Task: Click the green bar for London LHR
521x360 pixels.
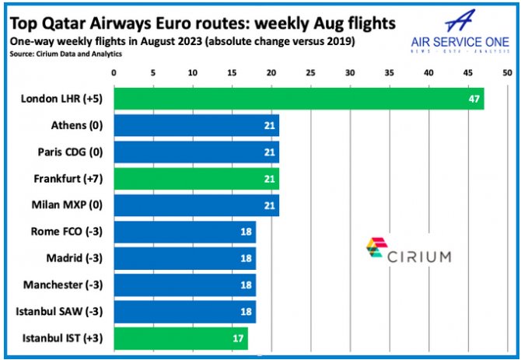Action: pos(299,99)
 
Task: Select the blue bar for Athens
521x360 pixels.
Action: pos(197,125)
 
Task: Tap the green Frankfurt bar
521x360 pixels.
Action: pos(197,179)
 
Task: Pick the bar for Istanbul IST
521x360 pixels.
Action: pos(181,339)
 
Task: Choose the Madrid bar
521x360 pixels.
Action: pos(185,259)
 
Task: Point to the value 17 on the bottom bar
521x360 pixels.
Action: pos(238,340)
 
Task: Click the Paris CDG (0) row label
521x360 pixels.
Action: pos(73,152)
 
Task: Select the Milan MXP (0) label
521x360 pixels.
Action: pos(73,205)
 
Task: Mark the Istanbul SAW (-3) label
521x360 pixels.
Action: pos(68,312)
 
